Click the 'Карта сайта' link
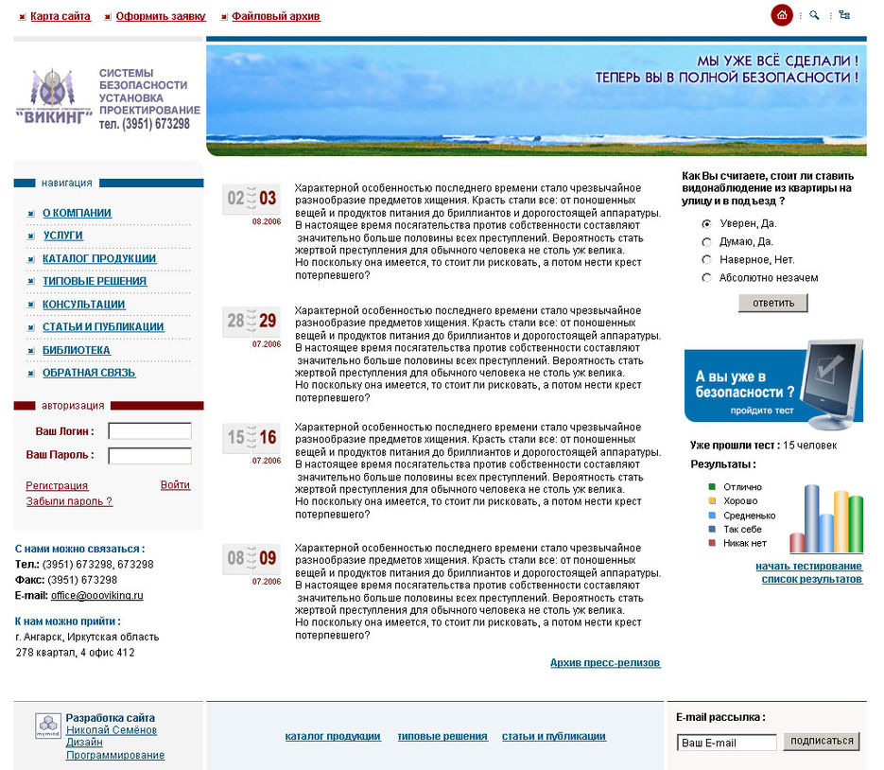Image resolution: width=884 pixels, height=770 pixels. [60, 17]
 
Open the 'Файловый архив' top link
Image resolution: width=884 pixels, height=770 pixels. [275, 17]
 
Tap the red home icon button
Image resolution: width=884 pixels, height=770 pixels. [782, 15]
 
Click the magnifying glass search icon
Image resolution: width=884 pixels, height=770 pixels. [814, 15]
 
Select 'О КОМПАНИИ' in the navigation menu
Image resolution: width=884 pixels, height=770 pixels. [77, 213]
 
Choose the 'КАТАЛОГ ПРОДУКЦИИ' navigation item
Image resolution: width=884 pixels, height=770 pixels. [98, 258]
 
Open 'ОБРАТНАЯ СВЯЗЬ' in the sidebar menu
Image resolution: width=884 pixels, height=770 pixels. [88, 373]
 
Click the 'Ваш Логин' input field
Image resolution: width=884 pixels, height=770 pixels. [149, 431]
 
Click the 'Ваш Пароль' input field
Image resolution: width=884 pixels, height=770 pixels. [149, 456]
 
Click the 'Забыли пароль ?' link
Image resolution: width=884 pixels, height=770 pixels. [69, 501]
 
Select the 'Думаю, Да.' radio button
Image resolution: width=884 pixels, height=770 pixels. [706, 241]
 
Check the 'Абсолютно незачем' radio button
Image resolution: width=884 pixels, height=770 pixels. [706, 278]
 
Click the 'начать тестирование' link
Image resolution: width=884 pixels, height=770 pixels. [808, 566]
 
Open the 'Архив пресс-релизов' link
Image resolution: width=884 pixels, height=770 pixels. [605, 663]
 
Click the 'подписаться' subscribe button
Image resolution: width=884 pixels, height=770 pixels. [821, 742]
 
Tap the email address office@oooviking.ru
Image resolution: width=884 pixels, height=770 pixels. [96, 596]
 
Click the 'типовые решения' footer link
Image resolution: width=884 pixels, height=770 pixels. [442, 736]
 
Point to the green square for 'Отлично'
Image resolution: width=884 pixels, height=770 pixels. [712, 486]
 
